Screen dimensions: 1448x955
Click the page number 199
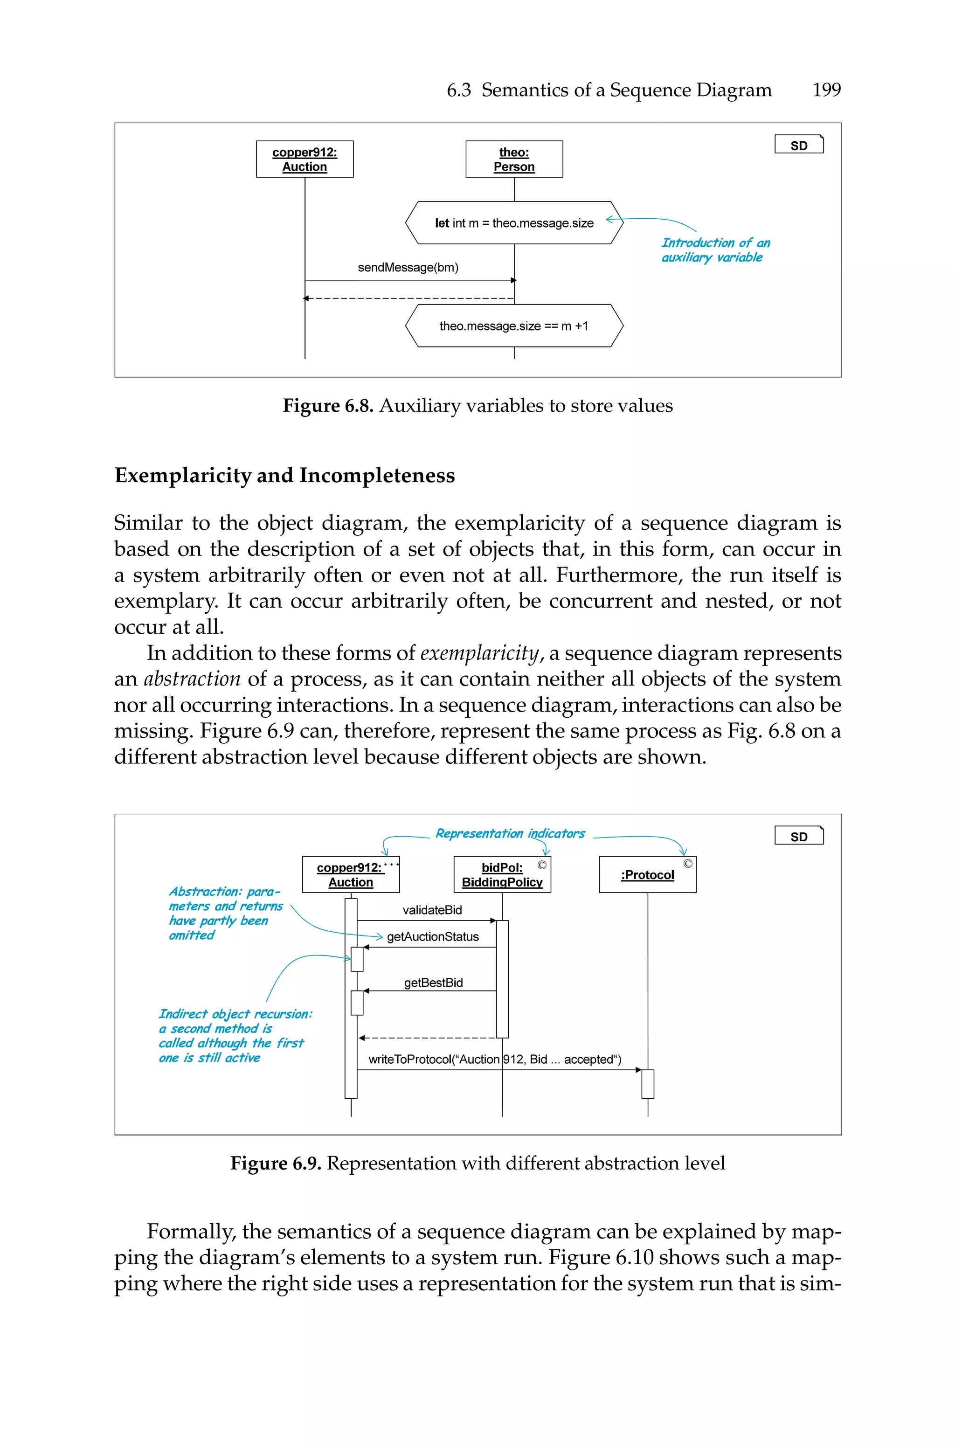(x=826, y=90)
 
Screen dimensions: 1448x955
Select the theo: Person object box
(x=514, y=159)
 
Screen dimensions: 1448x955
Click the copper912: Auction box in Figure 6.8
(x=304, y=159)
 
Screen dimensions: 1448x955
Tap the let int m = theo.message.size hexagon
(x=514, y=223)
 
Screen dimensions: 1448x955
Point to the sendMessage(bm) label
(x=408, y=267)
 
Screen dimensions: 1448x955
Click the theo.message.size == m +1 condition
(x=514, y=326)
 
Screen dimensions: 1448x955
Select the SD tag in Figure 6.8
(x=798, y=145)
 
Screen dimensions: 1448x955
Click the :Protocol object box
(x=647, y=874)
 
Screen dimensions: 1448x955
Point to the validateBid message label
(x=432, y=910)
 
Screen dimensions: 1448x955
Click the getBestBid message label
(x=433, y=982)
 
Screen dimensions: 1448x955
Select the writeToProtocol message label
(x=495, y=1059)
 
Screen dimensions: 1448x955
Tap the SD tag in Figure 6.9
(x=798, y=836)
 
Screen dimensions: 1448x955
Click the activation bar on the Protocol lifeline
(x=647, y=1084)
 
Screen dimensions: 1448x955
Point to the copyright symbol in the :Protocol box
(x=688, y=864)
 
